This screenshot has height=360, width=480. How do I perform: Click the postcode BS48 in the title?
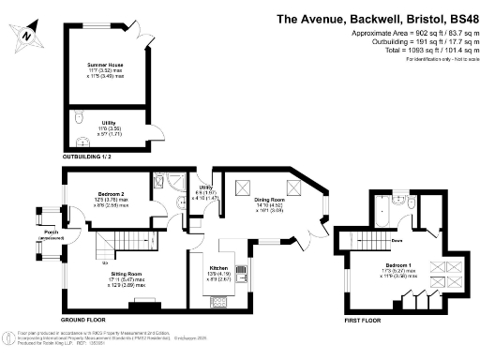tap(459, 17)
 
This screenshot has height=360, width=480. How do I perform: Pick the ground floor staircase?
tap(110, 247)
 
